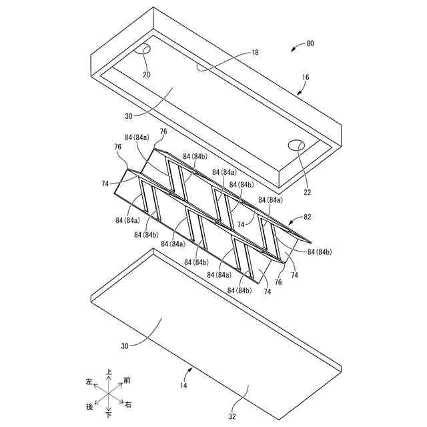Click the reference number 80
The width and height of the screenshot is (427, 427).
(310, 44)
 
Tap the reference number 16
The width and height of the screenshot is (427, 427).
(305, 78)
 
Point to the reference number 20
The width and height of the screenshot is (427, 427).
(146, 74)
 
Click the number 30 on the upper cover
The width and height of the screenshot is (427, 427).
(128, 115)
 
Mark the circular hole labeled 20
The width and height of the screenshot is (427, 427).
(143, 50)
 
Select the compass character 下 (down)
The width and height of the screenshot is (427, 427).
(108, 415)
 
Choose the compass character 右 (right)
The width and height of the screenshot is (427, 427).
(128, 405)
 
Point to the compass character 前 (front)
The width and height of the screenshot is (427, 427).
(127, 380)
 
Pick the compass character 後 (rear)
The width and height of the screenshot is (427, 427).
(89, 406)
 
